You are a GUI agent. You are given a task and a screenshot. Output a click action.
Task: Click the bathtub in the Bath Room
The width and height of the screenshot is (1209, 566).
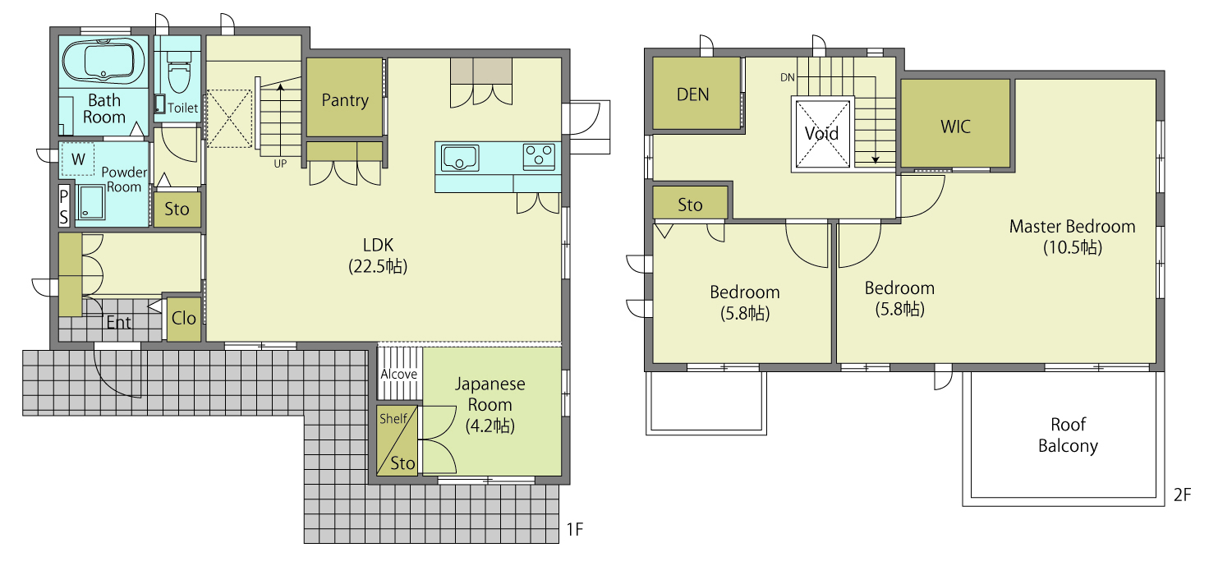click(x=103, y=61)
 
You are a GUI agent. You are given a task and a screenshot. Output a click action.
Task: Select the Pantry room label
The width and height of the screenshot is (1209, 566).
click(x=345, y=100)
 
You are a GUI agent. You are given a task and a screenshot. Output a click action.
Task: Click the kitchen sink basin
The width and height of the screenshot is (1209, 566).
click(x=460, y=158)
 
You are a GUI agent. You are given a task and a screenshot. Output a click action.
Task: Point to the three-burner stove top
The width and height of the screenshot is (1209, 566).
click(x=539, y=157)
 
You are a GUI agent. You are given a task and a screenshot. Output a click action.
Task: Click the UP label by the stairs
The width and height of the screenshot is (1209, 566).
click(x=280, y=163)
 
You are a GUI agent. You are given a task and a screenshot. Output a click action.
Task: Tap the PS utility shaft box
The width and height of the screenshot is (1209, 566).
click(x=64, y=205)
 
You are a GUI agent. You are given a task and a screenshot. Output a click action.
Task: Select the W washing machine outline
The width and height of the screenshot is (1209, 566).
click(x=78, y=159)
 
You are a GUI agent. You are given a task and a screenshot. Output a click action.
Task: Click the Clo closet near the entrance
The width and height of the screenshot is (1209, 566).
click(x=183, y=319)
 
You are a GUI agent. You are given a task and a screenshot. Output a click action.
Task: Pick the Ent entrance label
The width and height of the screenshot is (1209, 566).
click(x=119, y=322)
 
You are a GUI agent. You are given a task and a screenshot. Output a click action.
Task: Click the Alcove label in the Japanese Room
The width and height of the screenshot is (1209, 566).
click(x=399, y=375)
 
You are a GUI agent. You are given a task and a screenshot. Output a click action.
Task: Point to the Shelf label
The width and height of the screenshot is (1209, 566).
click(x=393, y=419)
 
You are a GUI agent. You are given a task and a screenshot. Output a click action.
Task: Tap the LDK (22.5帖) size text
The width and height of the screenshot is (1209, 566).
click(x=378, y=266)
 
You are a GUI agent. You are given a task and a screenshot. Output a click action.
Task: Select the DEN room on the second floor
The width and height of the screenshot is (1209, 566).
click(x=696, y=94)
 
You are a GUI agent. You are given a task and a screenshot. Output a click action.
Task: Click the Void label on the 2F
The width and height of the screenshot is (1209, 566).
click(x=821, y=133)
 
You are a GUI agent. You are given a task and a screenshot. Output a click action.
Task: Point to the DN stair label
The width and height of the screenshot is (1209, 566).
click(x=788, y=78)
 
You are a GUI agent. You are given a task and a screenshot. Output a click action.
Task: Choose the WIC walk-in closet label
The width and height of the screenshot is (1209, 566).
click(x=955, y=127)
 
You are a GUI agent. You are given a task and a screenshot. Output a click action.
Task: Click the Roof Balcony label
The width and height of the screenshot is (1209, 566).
click(x=1068, y=435)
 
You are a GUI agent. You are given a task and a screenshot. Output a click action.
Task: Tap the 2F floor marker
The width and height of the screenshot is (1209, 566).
click(x=1182, y=495)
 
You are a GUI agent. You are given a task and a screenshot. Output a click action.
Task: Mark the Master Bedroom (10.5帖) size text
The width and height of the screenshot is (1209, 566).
click(x=1073, y=247)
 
